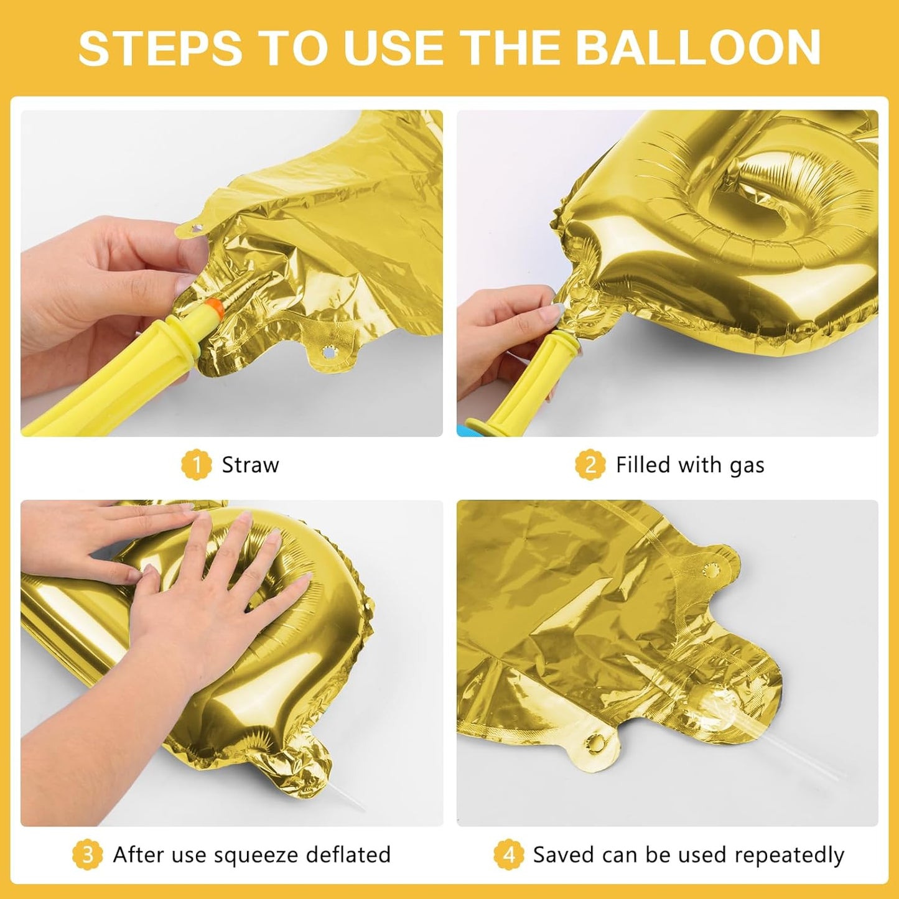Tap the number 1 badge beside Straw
[196, 465]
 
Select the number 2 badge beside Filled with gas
[589, 465]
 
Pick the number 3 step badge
[87, 855]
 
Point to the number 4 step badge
[508, 855]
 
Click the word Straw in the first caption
[250, 465]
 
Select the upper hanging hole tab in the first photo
[197, 228]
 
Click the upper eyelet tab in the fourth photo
[711, 569]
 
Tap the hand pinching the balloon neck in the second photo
[504, 324]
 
